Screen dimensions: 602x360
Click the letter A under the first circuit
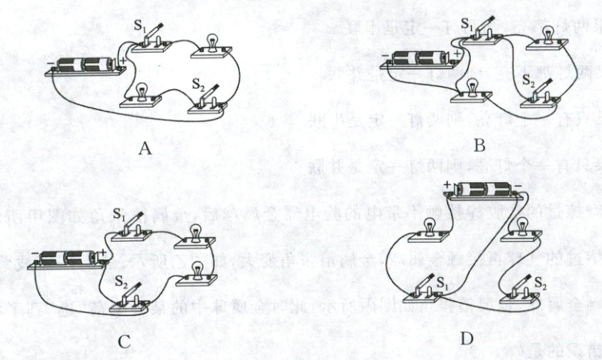pos(144,147)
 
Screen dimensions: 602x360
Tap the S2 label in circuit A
pos(196,81)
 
